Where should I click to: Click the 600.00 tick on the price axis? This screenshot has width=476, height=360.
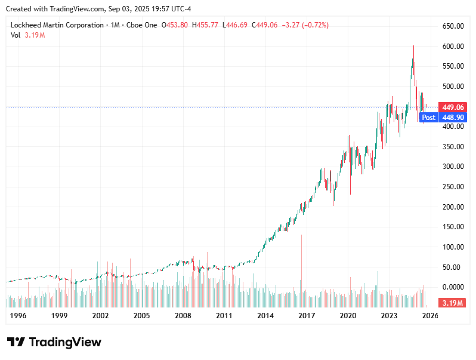453,47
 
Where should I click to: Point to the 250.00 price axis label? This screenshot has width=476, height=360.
453,187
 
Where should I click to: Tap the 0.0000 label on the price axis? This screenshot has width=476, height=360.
453,287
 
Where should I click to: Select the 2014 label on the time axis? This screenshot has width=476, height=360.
265,316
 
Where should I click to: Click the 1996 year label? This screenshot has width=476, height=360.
17,316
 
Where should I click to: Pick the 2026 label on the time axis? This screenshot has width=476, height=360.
430,316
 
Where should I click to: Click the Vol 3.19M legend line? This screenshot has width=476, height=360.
28,35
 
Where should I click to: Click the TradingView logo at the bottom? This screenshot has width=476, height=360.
54,342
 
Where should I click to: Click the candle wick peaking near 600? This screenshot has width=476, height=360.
413,48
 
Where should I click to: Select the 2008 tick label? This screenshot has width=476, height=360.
183,316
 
